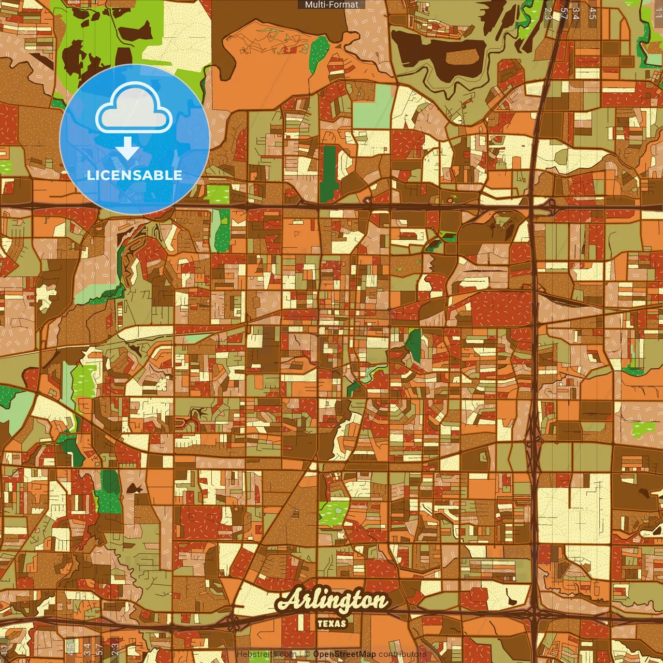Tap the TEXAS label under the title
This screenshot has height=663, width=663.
[331, 624]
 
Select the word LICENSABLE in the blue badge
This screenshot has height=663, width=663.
[135, 175]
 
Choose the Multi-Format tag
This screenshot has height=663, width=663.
[331, 5]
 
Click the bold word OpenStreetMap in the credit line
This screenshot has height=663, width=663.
[344, 654]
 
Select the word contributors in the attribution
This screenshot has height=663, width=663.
[402, 654]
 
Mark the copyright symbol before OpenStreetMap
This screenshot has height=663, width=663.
[307, 654]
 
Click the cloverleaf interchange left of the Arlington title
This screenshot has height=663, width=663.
[234, 623]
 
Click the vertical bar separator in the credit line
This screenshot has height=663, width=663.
[299, 654]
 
